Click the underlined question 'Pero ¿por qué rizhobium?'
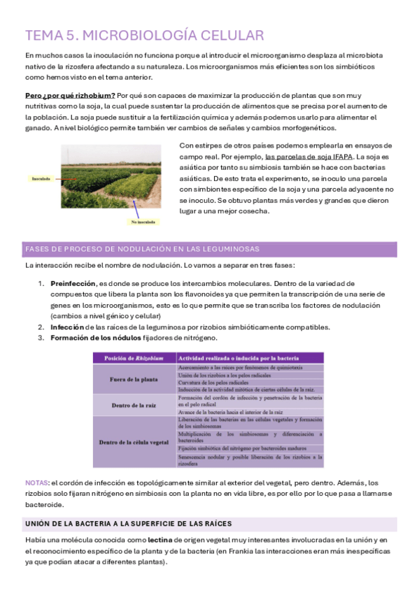tap(69, 95)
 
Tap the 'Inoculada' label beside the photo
tap(41, 179)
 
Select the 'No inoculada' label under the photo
tap(142, 222)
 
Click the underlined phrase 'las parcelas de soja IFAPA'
tap(308, 157)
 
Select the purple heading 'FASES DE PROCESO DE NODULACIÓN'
tap(141, 249)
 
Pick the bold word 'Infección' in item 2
tap(67, 327)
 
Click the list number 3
tap(41, 338)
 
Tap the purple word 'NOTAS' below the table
tap(36, 483)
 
